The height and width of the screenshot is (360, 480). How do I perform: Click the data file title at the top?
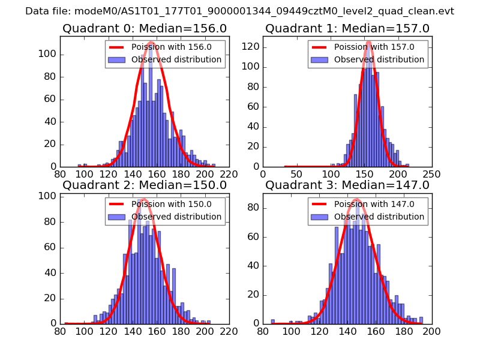(239, 11)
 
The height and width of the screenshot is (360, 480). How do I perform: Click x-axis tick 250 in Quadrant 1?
(431, 174)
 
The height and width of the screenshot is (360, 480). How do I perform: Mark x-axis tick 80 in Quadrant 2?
(60, 331)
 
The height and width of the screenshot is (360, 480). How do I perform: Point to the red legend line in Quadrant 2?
(118, 204)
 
